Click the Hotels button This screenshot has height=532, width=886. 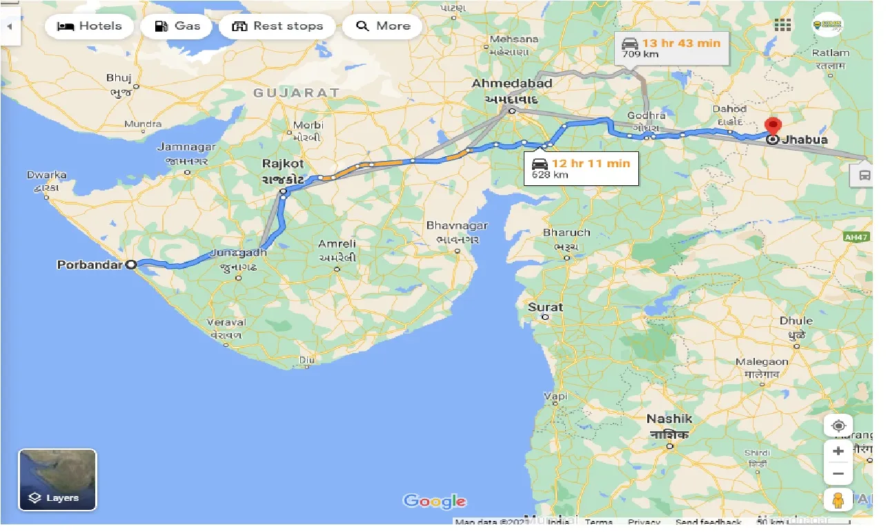pos(89,26)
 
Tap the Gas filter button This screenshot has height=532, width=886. pos(177,26)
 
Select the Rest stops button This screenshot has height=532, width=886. pos(277,26)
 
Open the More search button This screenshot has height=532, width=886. pos(383,26)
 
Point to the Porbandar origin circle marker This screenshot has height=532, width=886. pos(130,264)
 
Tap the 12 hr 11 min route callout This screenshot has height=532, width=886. pos(581,169)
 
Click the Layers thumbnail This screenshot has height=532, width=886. pos(57,480)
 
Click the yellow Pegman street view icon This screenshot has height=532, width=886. pos(838,500)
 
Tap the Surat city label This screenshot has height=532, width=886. pos(545,307)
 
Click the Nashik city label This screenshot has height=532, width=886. pos(669,419)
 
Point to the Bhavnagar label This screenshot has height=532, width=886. pos(457,226)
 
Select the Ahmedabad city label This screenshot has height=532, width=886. pos(512,84)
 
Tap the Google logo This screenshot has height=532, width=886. pos(435,502)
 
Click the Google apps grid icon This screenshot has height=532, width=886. pos(782,26)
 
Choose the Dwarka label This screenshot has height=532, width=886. pos(47,175)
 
